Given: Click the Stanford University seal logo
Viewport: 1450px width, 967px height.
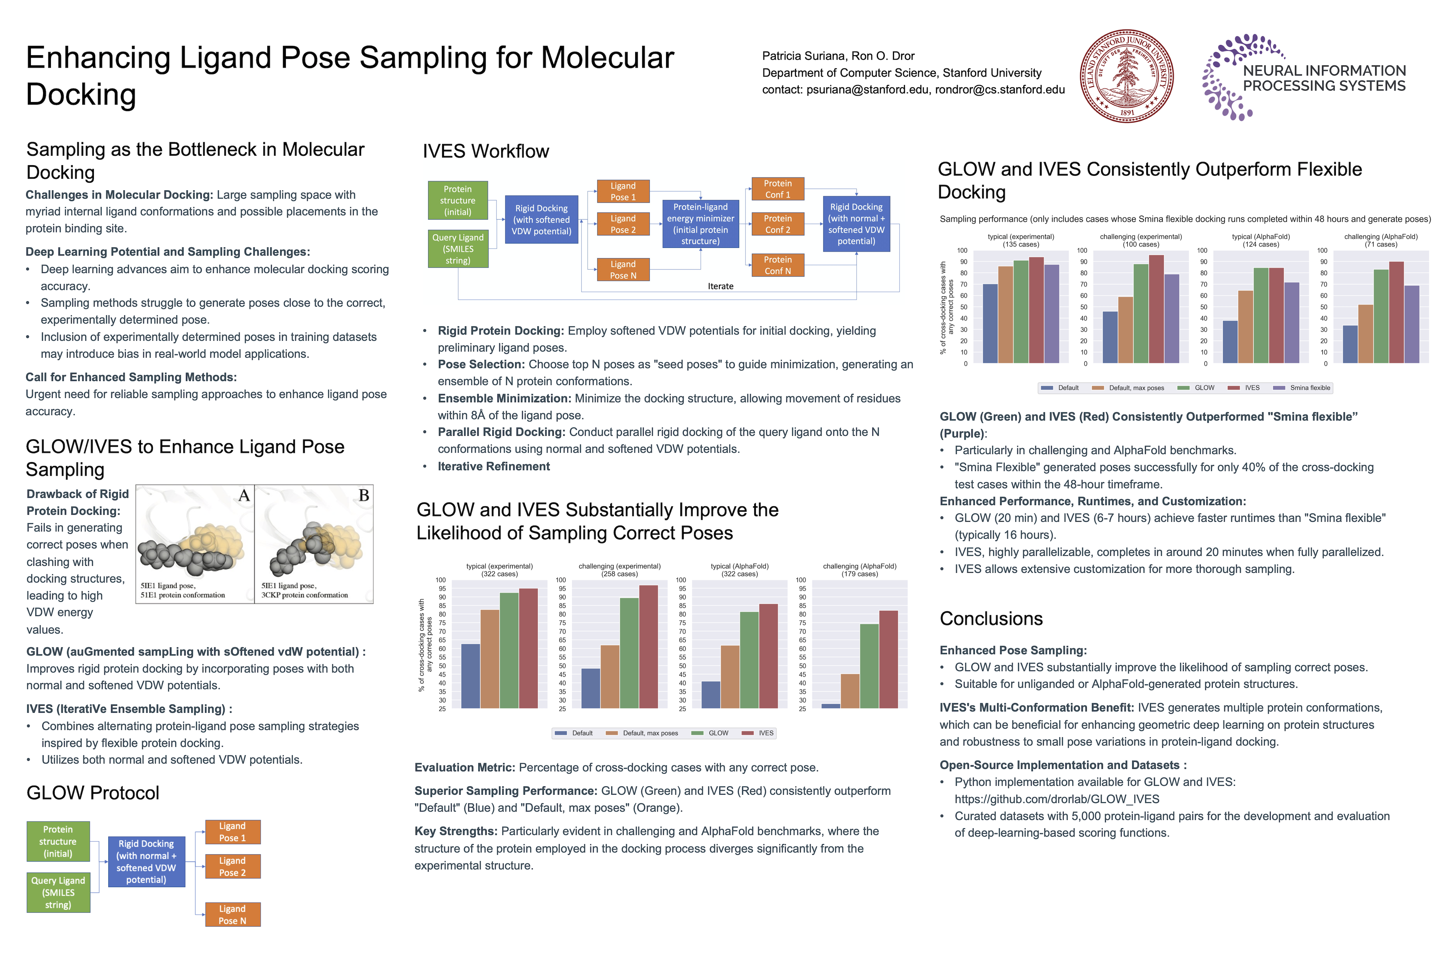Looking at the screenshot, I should (1126, 77).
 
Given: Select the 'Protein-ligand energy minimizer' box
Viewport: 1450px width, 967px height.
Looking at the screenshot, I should (700, 224).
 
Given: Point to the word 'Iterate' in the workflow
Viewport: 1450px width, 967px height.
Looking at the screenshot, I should (720, 286).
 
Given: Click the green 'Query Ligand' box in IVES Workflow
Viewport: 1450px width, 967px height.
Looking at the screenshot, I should (458, 248).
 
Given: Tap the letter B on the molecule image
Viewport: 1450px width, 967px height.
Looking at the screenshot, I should (364, 495).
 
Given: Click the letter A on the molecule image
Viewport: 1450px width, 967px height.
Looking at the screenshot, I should (244, 495).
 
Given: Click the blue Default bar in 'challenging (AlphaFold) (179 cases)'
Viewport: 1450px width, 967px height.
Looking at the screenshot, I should (830, 706).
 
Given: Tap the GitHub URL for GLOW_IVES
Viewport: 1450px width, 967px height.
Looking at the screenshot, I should (1057, 799).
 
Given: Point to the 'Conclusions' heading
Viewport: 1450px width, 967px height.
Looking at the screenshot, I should (991, 618).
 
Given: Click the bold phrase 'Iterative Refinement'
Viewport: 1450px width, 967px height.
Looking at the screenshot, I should (493, 466).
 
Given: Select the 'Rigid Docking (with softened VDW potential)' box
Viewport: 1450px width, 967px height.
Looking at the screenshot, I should (541, 220).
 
